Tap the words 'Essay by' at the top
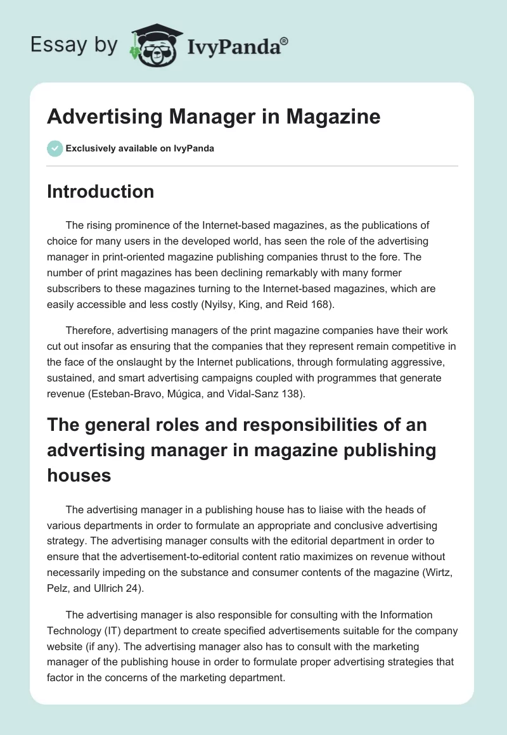(x=74, y=45)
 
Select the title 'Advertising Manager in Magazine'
(x=214, y=117)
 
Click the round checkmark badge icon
(x=55, y=148)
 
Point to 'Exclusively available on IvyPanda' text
(x=140, y=148)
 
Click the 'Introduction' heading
(x=100, y=191)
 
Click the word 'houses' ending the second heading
(x=79, y=475)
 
